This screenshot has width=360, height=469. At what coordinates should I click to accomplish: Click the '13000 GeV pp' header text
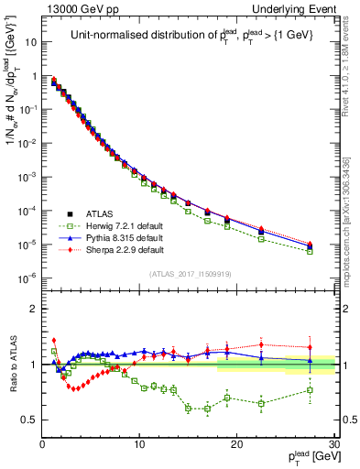pos(71,8)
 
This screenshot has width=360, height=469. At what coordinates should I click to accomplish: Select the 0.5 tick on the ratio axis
pos(29,420)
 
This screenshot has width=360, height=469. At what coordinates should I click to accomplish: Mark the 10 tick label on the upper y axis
pos(29,42)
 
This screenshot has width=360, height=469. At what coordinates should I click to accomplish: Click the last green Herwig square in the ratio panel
pos(311,390)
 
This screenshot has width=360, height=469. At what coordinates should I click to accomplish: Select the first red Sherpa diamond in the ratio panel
pos(54,340)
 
